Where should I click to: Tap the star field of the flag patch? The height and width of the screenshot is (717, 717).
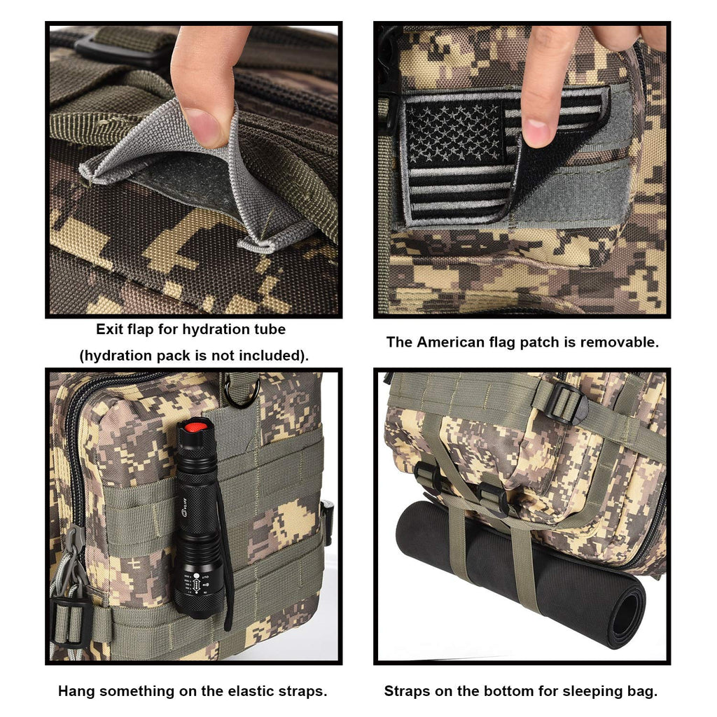(454, 132)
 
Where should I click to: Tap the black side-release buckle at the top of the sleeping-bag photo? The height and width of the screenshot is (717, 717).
(565, 403)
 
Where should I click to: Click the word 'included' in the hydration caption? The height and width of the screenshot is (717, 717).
(271, 355)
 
